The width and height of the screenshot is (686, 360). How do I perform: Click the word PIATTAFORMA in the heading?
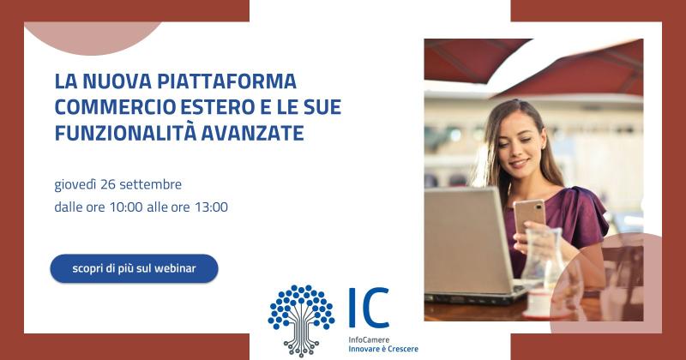pos(226,81)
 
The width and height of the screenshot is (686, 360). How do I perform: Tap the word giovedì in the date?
pos(75,184)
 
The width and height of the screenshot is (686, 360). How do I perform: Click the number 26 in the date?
pos(108,184)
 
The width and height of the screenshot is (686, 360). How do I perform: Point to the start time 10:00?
pos(126,207)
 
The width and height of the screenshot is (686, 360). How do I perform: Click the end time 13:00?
pos(211,207)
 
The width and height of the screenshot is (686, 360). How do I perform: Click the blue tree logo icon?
pos(301,321)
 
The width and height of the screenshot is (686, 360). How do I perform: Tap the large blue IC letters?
pos(369,308)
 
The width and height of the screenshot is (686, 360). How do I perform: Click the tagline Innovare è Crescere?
pos(383,349)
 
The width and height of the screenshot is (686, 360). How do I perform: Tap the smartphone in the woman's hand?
pos(529,216)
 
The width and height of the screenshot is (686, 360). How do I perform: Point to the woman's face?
pos(520,141)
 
